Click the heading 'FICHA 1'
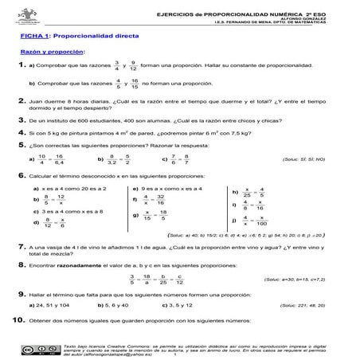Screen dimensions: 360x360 [x=34, y=35]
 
